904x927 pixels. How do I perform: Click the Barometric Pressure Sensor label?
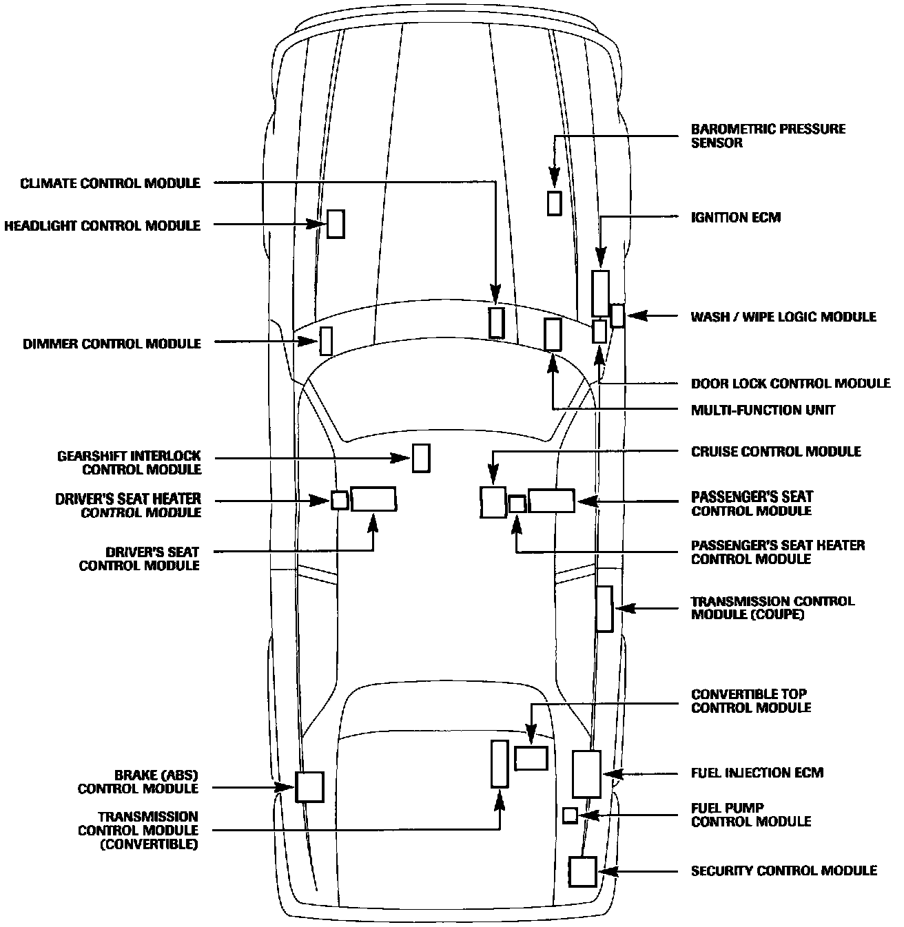click(768, 136)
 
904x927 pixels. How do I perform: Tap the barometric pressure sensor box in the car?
click(554, 203)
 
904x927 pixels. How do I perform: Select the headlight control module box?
click(336, 224)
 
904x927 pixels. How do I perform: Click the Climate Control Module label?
click(110, 183)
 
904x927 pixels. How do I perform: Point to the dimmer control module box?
click(326, 341)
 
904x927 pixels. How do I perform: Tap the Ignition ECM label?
click(735, 218)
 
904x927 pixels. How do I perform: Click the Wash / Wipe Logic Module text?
click(783, 317)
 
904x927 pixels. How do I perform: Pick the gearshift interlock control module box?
click(421, 458)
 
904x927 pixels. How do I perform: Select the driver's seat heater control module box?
click(339, 500)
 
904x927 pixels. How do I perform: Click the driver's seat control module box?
click(373, 499)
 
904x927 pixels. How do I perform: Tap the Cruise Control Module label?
click(776, 452)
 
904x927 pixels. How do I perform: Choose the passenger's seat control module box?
click(551, 501)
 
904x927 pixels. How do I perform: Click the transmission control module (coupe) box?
click(604, 609)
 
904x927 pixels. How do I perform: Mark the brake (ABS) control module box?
click(309, 787)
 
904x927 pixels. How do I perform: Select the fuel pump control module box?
click(570, 815)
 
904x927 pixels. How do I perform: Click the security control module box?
click(582, 871)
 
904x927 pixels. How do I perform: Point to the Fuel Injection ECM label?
click(757, 773)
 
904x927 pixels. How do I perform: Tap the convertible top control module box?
click(531, 758)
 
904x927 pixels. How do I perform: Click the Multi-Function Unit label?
click(763, 410)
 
